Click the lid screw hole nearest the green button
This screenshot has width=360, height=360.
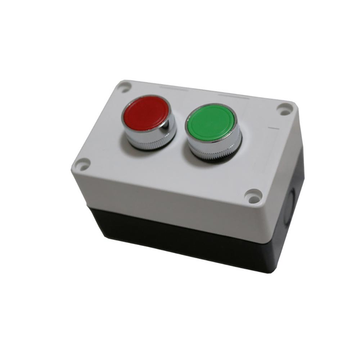(x=285, y=108)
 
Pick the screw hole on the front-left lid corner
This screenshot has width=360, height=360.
(x=82, y=165)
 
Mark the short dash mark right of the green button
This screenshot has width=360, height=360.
(x=274, y=128)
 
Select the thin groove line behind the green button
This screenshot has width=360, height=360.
(x=234, y=95)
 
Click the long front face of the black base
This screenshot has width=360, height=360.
(x=180, y=236)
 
